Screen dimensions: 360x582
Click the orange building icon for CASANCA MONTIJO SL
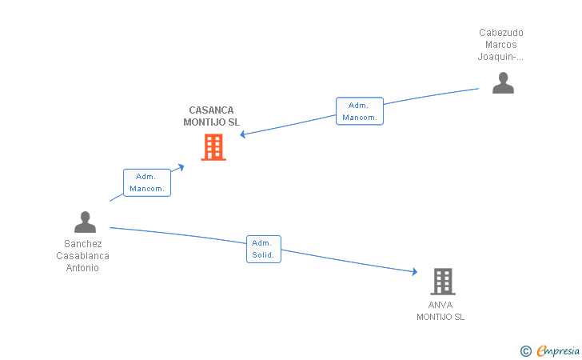pos(213,147)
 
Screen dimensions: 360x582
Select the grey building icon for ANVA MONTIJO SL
pos(443,282)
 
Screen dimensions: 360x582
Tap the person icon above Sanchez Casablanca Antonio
pos(85,222)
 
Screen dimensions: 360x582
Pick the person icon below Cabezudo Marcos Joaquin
pos(503,82)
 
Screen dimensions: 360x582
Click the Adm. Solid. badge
pos(263,249)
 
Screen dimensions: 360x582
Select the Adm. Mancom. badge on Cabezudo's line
pos(359,111)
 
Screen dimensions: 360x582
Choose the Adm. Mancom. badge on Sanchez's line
pos(146,182)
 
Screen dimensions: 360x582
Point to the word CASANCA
pos(212,110)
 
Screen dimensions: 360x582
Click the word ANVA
pos(440,305)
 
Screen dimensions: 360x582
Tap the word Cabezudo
pos(501,33)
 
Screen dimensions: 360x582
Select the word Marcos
pos(501,45)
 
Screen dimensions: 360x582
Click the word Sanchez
pos(82,244)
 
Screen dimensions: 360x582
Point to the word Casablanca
pos(82,256)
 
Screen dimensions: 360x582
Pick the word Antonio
pos(82,268)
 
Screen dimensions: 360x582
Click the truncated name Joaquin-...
pos(501,57)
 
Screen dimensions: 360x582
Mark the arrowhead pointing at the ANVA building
pos(414,272)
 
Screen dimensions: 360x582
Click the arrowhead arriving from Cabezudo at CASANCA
pos(242,134)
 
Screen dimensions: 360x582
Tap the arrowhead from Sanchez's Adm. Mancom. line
pos(181,166)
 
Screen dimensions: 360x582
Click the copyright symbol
pos(525,350)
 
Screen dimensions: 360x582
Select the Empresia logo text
pos(557,350)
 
